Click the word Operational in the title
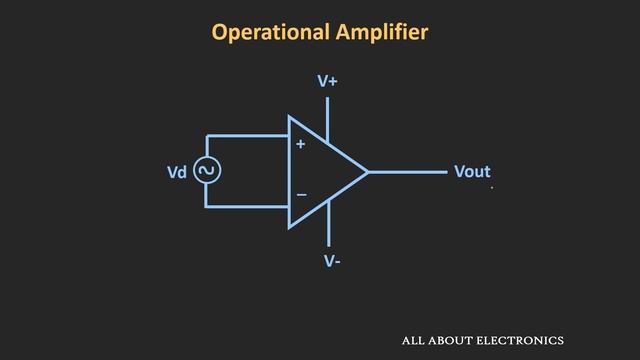click(266, 32)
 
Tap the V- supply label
click(332, 261)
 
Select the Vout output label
click(472, 172)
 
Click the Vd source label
click(177, 172)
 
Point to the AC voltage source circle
click(207, 171)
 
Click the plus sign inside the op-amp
click(300, 145)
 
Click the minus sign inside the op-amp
click(301, 194)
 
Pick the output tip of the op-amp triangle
click(367, 172)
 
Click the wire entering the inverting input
click(250, 206)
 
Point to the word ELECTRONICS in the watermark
click(520, 340)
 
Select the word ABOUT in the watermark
click(447, 340)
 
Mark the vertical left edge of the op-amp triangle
click(289, 172)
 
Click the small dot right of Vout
click(492, 186)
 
